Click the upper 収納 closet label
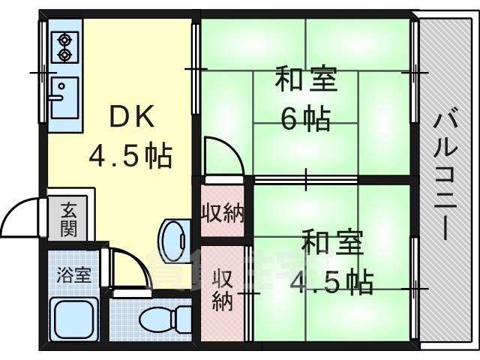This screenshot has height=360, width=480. pyautogui.click(x=222, y=214)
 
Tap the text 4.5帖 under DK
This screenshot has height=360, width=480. pyautogui.click(x=130, y=156)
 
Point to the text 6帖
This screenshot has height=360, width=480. pyautogui.click(x=306, y=118)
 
